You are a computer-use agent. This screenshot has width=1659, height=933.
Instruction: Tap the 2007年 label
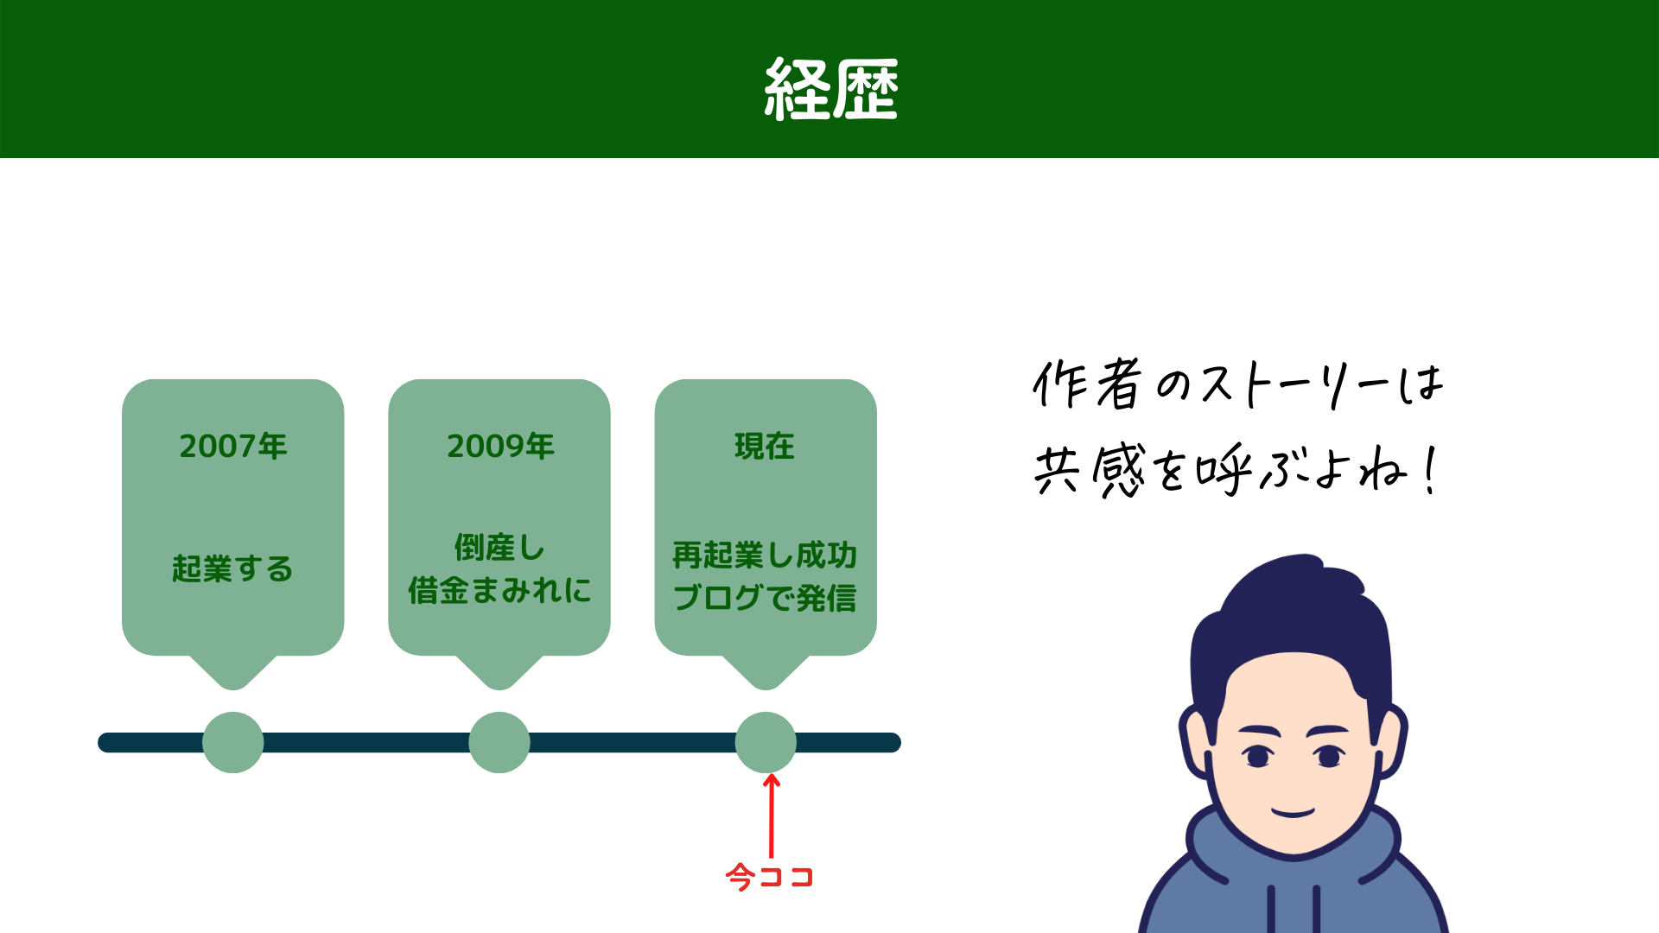[233, 447]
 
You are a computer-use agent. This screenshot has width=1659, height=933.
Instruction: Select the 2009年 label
[500, 447]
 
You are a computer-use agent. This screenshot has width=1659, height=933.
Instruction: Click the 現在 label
[765, 447]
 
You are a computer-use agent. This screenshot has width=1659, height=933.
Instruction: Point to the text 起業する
[232, 569]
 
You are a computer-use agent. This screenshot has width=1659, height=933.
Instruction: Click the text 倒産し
[499, 548]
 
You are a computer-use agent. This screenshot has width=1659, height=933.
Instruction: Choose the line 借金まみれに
[499, 591]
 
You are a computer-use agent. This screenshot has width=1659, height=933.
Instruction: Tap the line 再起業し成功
[765, 555]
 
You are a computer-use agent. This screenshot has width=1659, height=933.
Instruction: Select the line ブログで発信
[765, 598]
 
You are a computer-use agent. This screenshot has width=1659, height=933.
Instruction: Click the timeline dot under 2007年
[233, 742]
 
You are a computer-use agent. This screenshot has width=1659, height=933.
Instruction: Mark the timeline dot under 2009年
[499, 742]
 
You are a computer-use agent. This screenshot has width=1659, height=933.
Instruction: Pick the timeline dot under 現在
[766, 742]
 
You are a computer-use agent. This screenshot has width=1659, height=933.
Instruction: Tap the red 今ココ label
[770, 877]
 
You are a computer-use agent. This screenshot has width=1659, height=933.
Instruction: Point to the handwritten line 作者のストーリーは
[1237, 384]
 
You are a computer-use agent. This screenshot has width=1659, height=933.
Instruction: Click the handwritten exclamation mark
[1432, 471]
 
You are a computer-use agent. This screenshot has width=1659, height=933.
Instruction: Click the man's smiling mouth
[1293, 812]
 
